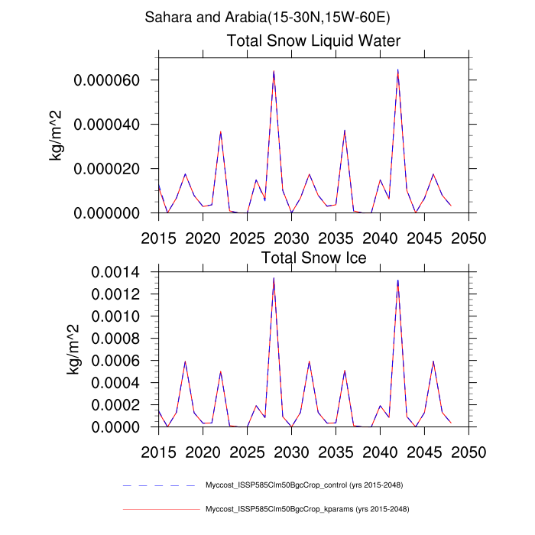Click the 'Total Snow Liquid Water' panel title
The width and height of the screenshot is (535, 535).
(x=314, y=41)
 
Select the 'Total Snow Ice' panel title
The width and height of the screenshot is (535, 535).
(x=314, y=258)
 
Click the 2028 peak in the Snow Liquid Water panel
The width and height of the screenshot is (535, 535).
(x=274, y=71)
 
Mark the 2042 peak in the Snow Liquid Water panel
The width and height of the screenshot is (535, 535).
(x=397, y=70)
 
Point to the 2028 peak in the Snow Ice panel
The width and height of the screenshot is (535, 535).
(x=274, y=278)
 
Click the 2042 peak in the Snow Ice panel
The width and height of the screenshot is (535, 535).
(x=397, y=280)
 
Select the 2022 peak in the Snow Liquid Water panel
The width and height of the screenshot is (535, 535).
(x=221, y=132)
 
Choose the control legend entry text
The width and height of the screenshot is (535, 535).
(x=304, y=485)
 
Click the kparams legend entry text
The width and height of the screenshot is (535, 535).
(x=304, y=508)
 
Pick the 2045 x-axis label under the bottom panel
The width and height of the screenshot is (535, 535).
(x=424, y=452)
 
